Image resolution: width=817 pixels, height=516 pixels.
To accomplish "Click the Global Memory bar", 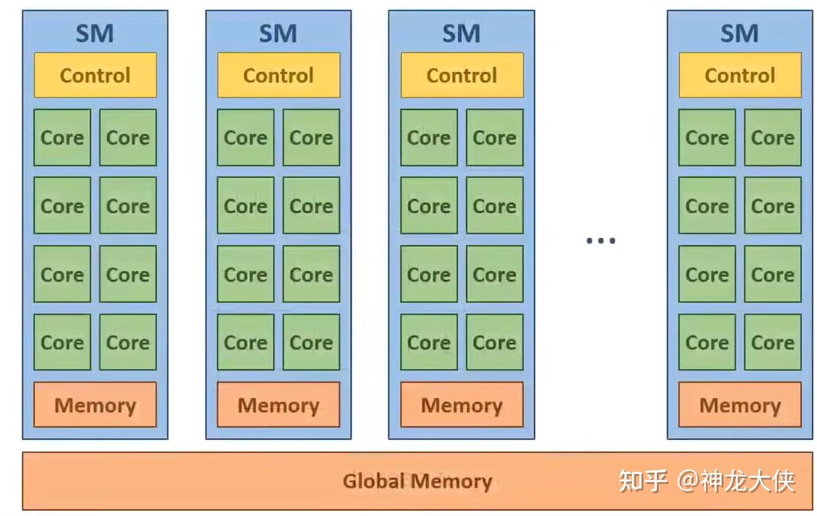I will (x=417, y=481).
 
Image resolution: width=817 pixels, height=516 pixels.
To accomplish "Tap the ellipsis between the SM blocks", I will (x=600, y=240).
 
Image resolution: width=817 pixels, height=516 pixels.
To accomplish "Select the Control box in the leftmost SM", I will (x=95, y=75).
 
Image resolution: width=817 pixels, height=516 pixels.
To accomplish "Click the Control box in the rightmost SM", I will (x=740, y=75).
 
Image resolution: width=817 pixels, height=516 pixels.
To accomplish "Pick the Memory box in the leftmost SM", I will (x=95, y=405).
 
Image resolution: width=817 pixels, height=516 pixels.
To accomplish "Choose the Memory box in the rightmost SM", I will (x=740, y=405).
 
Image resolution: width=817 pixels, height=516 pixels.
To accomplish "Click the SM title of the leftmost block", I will (x=95, y=33).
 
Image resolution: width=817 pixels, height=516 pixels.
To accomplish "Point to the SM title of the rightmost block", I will (x=740, y=33).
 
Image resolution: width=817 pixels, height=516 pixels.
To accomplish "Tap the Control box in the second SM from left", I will (x=278, y=75).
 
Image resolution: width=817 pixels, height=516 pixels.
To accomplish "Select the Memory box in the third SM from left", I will (x=462, y=405).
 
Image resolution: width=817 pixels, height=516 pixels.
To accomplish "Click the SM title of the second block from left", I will (x=278, y=33).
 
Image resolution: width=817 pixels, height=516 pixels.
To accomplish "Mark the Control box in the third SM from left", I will (x=462, y=75).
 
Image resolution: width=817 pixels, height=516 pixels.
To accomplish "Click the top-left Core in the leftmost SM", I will (x=62, y=137).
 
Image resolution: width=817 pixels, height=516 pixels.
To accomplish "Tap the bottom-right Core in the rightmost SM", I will (x=772, y=342).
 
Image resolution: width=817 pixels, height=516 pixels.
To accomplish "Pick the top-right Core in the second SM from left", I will (x=311, y=137).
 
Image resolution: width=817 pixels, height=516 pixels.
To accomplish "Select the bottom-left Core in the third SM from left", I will (x=429, y=342).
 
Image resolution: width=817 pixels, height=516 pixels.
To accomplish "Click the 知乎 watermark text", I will (x=642, y=481).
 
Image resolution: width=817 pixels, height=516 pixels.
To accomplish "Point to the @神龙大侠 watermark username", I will (x=736, y=481).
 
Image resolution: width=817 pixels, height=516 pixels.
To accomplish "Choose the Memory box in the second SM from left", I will (x=278, y=405).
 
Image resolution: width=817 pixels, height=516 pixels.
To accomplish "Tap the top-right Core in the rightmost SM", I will (x=772, y=137).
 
